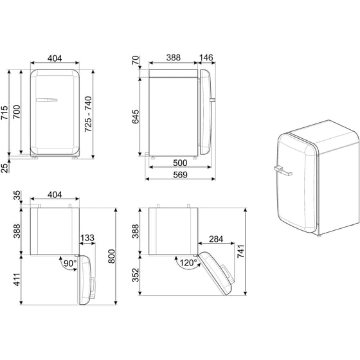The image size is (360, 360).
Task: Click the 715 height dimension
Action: click(4, 113)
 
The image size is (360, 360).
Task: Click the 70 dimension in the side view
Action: click(136, 63)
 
